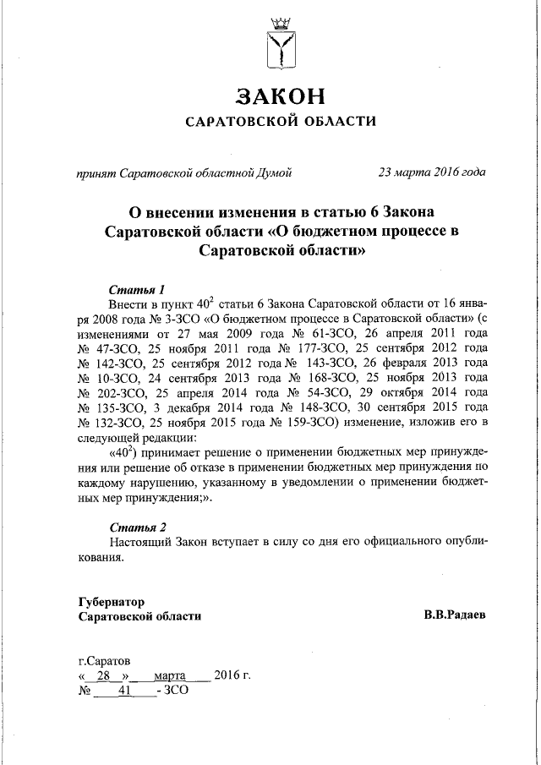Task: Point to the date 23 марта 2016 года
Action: pos(432,173)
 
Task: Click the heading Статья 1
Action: pos(137,287)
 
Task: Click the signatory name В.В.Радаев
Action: pos(455,616)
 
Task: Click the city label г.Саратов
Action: pos(104,660)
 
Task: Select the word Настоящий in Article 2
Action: pos(140,542)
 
